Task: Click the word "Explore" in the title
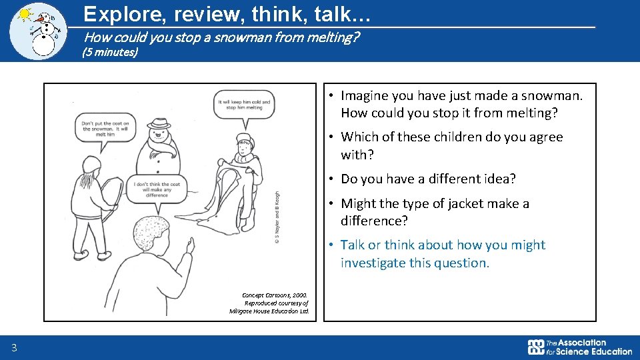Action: (115, 13)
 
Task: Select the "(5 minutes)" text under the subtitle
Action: (109, 52)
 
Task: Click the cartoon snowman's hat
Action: (159, 124)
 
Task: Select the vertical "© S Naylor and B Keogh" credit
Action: (277, 217)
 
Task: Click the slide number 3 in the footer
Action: (14, 347)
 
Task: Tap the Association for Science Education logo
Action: (579, 347)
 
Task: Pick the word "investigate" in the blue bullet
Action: (373, 263)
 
